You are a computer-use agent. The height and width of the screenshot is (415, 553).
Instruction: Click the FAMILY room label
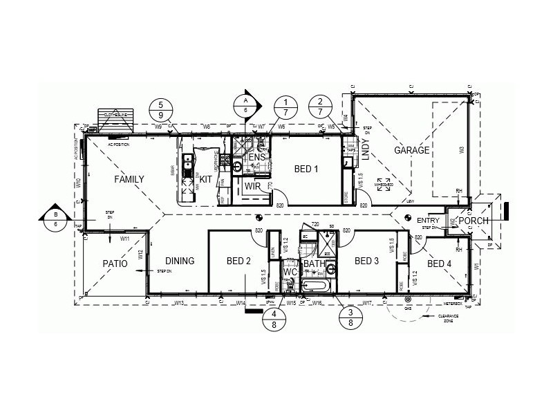[x=129, y=179]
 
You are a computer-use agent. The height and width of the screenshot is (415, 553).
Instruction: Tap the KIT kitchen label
[x=206, y=179]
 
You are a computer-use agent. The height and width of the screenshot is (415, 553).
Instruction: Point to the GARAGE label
[x=412, y=150]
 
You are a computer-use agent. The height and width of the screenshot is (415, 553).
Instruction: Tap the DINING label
[x=180, y=261]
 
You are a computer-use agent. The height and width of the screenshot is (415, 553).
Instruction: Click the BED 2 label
[x=238, y=261]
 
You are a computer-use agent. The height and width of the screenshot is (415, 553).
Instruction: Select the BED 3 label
[x=366, y=261]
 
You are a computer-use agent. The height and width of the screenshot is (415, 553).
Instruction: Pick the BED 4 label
[x=440, y=264]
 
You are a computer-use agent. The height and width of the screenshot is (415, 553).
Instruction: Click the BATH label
[x=315, y=264]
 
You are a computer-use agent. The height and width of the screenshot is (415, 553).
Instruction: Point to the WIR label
[x=252, y=186]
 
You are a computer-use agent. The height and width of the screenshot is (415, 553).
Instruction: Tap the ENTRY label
[x=429, y=220]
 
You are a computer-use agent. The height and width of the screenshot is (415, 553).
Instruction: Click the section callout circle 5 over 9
[x=161, y=109]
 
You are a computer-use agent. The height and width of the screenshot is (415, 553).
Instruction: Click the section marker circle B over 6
[x=55, y=217]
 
